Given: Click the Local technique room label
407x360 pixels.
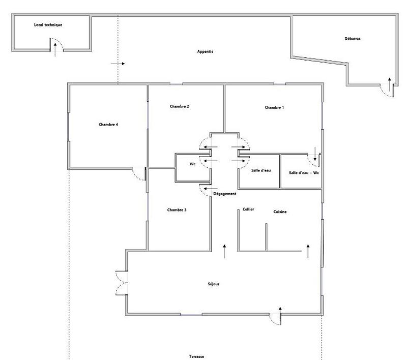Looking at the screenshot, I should pos(48,24).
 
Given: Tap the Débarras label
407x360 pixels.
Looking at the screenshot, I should pos(352,38).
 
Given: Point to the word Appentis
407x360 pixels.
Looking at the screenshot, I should pos(205,52).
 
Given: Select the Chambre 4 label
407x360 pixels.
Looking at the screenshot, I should pos(108,124).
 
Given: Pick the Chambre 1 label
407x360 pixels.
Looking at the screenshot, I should pos(274,108).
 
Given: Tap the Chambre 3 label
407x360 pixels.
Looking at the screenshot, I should pos(177,209).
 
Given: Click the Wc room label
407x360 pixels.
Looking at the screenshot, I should pos(193,165).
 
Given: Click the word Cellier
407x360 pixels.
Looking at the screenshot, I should pos(248,209).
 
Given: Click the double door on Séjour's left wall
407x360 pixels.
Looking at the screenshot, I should pos(121,282).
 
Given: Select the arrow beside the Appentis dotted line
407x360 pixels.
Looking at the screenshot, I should pos(118,64).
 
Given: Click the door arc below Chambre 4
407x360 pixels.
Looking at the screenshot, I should pos(138,173).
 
